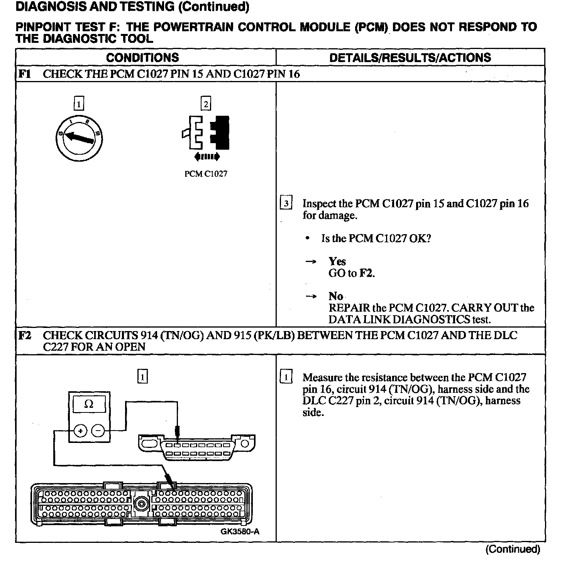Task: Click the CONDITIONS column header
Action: [142, 57]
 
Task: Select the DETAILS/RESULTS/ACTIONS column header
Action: [410, 57]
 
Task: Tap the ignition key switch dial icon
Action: [79, 137]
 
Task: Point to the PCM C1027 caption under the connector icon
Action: [206, 174]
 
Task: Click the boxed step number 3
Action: [286, 203]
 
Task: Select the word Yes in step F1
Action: [337, 262]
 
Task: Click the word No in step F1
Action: [336, 296]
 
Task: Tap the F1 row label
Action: [25, 74]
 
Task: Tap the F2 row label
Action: [25, 335]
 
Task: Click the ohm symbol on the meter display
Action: [89, 404]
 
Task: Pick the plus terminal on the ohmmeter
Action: [80, 431]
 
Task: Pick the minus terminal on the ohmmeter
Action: [98, 431]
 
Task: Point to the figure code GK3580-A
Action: [240, 532]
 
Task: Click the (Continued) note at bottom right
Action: [513, 549]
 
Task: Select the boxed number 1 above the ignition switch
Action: [79, 104]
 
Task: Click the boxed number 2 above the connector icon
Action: [206, 104]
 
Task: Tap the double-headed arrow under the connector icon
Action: [207, 156]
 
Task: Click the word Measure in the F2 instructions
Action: [321, 377]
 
